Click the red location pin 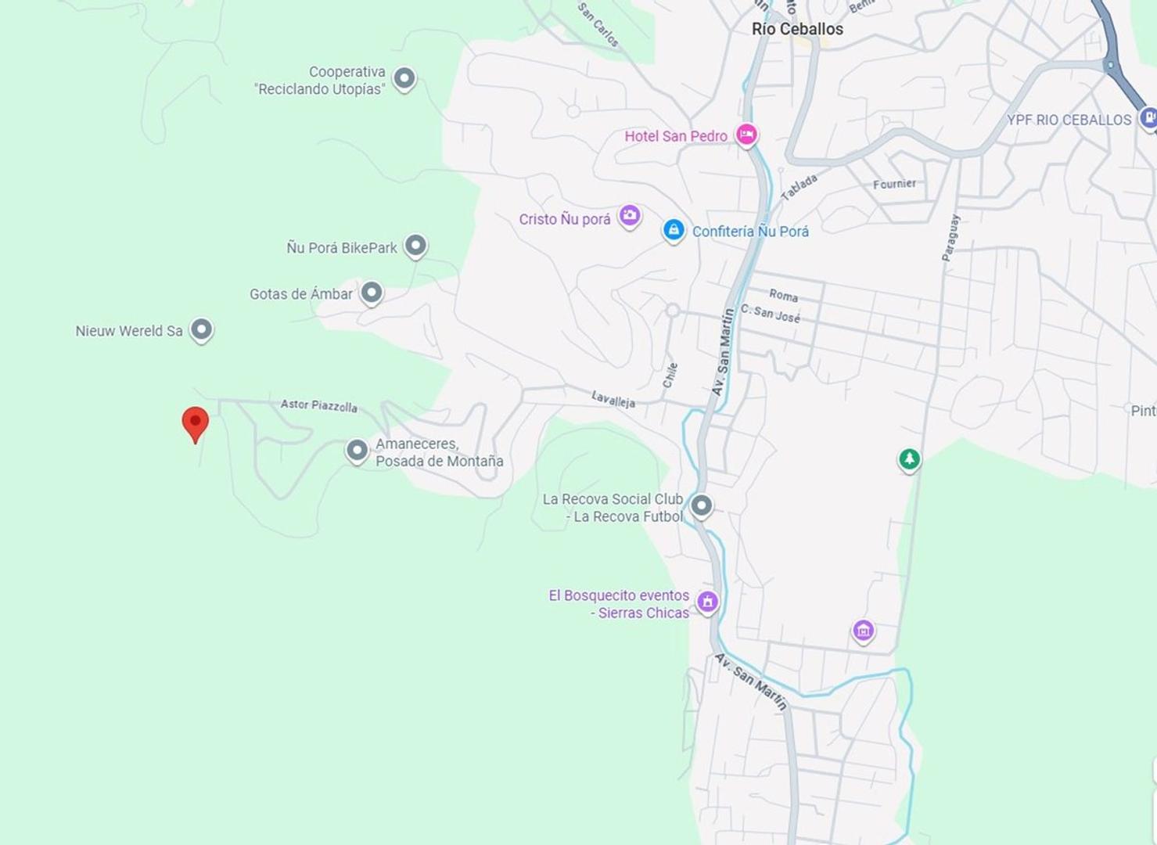coord(195,422)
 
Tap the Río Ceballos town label coord(797,29)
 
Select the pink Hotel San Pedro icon coord(746,135)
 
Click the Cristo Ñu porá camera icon coord(630,215)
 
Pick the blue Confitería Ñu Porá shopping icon coord(674,230)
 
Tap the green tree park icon coord(909,458)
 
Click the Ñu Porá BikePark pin coord(415,246)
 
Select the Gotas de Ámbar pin coord(372,293)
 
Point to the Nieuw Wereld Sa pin coord(202,329)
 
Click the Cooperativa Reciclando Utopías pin coord(404,78)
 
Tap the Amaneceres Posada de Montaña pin coord(358,451)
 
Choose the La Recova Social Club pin coord(702,506)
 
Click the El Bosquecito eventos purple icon coord(708,601)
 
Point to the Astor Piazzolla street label coord(319,405)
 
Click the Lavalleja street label coord(613,400)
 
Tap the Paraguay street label coord(950,238)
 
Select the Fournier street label coord(894,184)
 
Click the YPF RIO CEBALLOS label coord(1069,120)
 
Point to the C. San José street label coord(771,313)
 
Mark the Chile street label coord(670,375)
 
